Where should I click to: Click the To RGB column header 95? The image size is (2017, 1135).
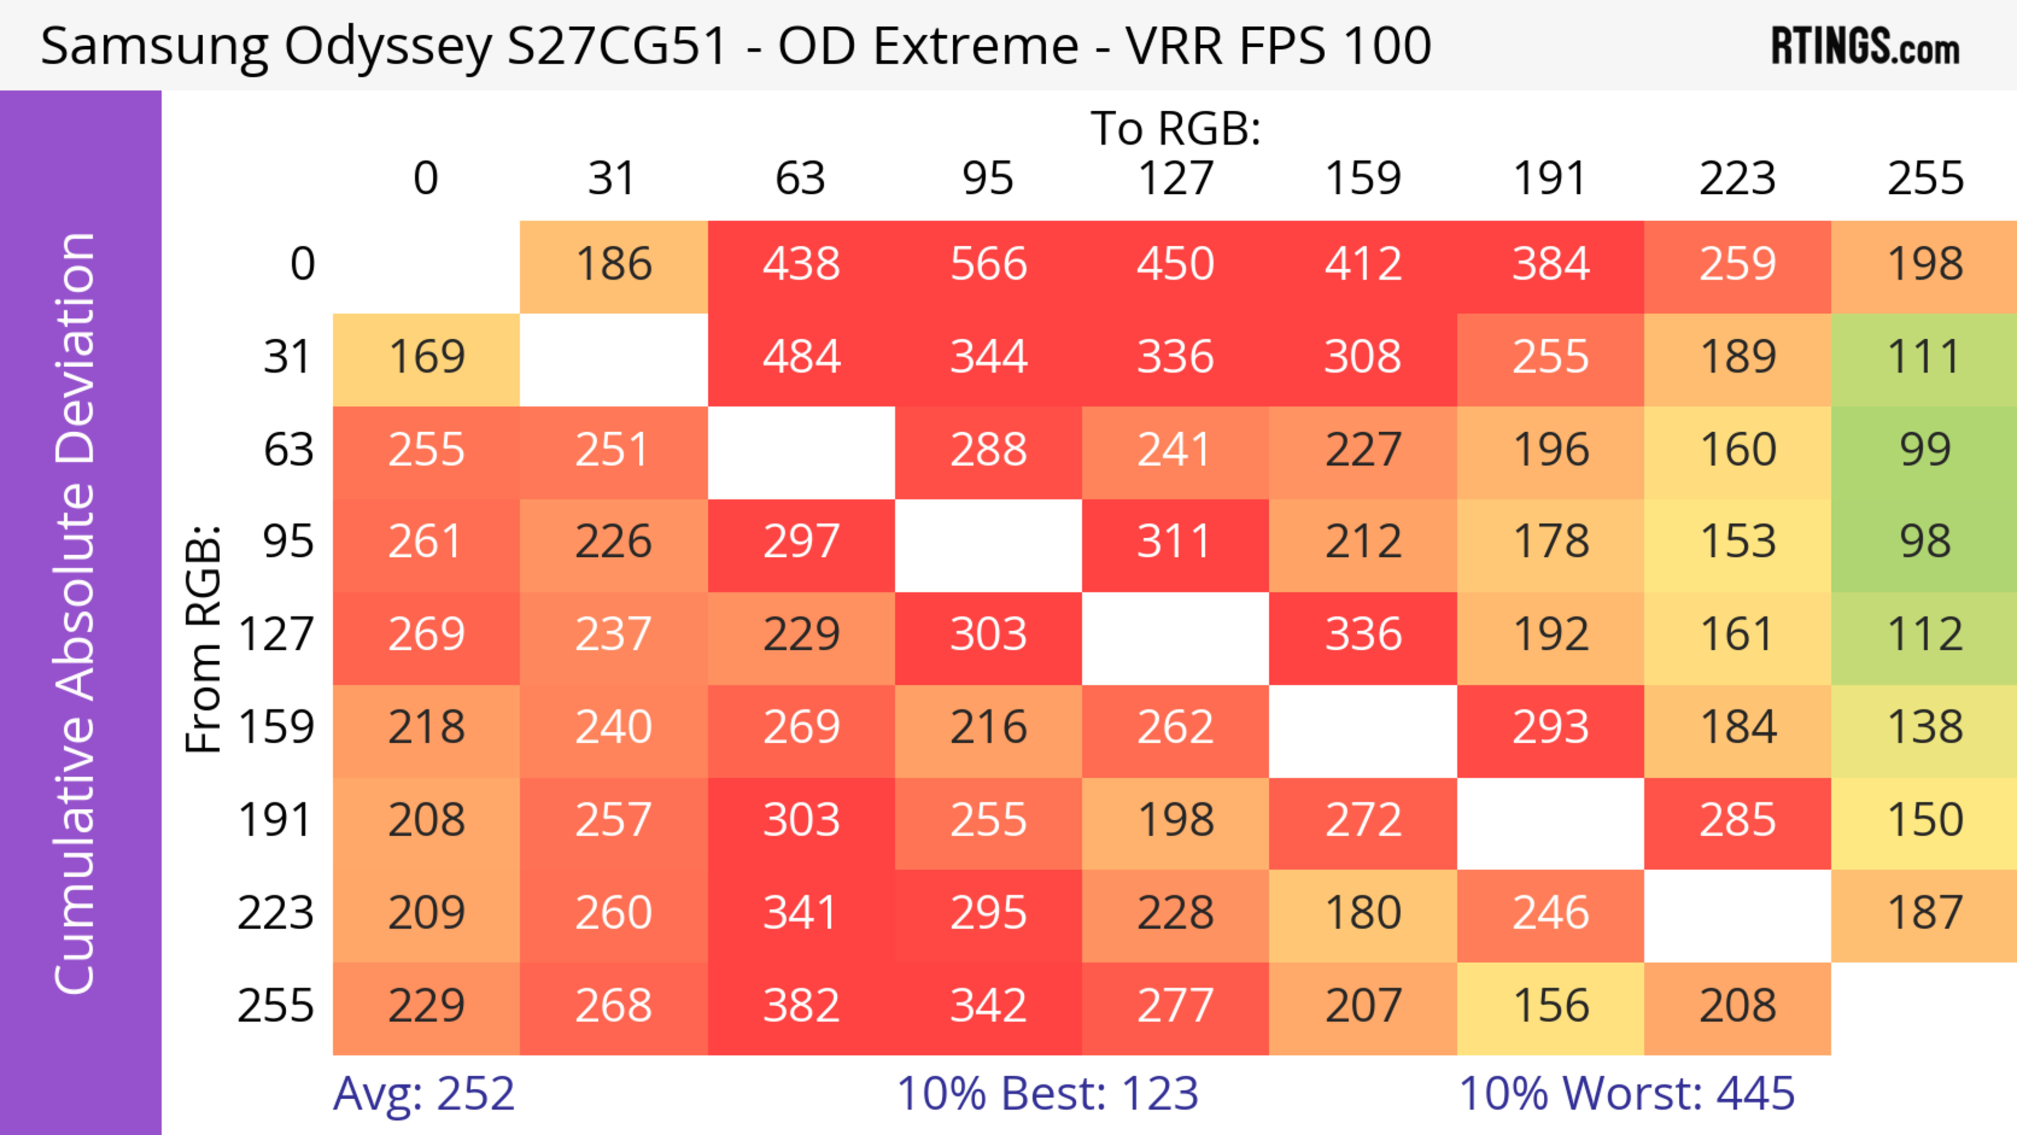click(988, 179)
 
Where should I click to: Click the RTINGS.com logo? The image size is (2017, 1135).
click(1865, 47)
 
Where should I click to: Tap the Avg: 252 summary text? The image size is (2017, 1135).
click(423, 1094)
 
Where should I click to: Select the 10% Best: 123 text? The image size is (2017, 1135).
click(1048, 1094)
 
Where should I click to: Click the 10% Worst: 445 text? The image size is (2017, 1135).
click(1626, 1094)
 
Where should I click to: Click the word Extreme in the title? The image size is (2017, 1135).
click(975, 45)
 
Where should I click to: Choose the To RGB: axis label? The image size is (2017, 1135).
click(1176, 128)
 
